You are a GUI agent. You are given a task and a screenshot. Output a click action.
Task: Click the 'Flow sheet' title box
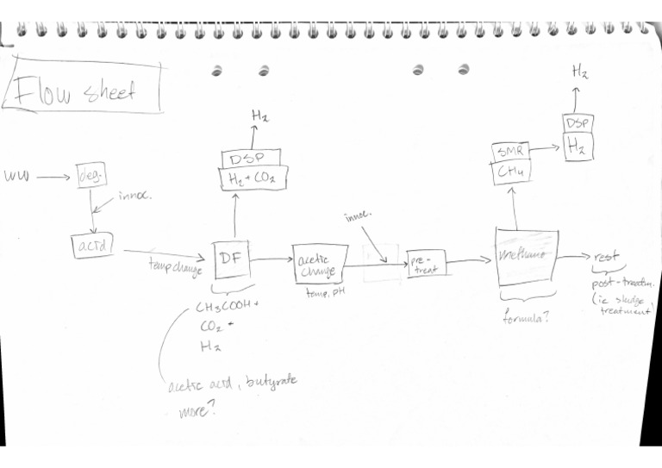point(84,87)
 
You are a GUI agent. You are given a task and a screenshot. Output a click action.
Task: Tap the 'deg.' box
point(91,175)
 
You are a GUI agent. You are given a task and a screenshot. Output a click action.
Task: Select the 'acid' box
point(91,246)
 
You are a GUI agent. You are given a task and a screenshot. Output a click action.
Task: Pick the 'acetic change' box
point(319,263)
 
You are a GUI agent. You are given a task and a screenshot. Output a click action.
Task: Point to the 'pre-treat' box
point(425,264)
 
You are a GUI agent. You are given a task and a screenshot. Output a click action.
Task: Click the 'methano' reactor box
point(527,256)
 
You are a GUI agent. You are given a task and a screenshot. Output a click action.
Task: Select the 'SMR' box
point(509,152)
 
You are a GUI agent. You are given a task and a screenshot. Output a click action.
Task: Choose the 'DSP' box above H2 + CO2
point(251,158)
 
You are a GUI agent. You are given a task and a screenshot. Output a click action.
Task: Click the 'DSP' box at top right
point(578,123)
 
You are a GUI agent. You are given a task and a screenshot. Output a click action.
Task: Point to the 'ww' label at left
point(16,178)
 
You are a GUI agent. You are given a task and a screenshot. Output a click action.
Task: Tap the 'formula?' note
point(528,317)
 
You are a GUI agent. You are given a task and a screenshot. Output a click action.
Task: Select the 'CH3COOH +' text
point(227,308)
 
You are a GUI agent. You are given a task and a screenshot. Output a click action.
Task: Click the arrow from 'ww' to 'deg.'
point(54,177)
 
